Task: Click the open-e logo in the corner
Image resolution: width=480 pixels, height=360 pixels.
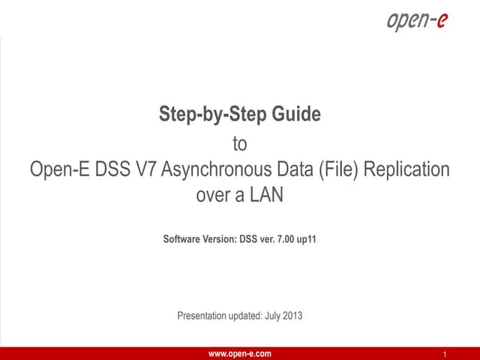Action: (417, 20)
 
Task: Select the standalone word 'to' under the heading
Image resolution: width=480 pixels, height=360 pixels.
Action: (240, 142)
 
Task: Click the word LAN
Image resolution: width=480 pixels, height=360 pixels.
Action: (266, 196)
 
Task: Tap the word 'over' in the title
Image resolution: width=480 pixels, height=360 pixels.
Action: (214, 196)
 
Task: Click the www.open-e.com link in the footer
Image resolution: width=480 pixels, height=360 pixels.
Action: (240, 353)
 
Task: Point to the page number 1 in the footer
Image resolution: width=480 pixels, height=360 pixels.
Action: (445, 354)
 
